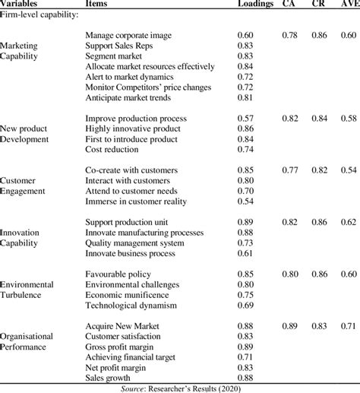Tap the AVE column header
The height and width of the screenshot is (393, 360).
349,5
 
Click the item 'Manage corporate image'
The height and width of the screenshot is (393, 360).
128,35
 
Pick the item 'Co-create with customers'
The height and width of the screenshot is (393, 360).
131,170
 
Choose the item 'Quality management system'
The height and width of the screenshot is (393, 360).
134,242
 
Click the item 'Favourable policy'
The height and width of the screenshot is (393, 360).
118,273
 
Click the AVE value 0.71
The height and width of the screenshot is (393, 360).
349,325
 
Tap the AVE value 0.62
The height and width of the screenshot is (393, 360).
349,221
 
